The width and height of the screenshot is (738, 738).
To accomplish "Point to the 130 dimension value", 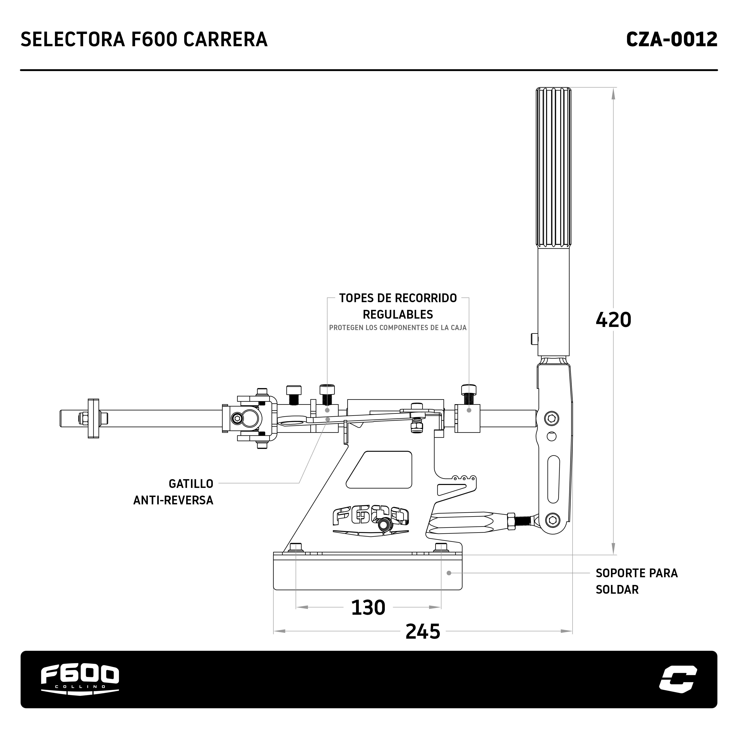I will [368, 607].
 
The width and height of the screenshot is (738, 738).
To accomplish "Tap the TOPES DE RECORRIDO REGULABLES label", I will [398, 306].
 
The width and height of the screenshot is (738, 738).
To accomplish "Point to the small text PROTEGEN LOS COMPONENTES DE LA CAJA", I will [398, 328].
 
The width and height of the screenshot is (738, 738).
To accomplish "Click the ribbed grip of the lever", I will [553, 168].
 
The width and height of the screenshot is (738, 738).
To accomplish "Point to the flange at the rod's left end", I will [93, 418].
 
